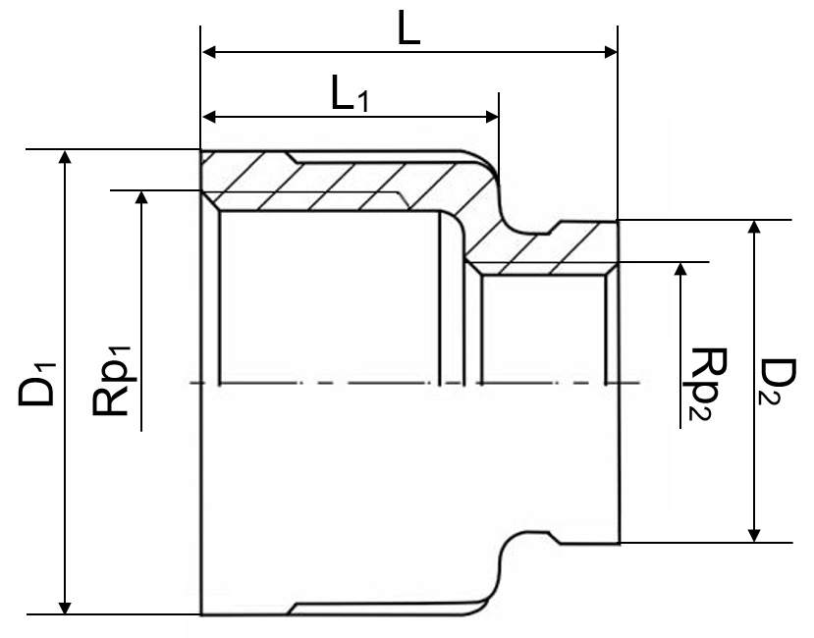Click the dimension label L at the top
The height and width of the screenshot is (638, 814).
click(x=408, y=28)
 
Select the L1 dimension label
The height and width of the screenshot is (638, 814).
click(x=350, y=94)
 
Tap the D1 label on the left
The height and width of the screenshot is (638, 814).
click(x=36, y=384)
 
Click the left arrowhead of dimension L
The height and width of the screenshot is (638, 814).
click(x=208, y=52)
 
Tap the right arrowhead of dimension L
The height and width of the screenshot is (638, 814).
click(x=610, y=52)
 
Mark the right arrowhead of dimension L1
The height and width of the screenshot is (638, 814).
click(x=491, y=116)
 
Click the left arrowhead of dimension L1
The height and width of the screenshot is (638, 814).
click(x=208, y=116)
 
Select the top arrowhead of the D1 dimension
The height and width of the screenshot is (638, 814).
click(x=65, y=157)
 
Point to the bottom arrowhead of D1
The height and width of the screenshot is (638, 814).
click(x=65, y=607)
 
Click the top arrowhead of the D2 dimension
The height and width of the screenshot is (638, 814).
click(x=754, y=228)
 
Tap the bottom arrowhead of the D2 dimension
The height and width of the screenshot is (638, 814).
click(x=754, y=535)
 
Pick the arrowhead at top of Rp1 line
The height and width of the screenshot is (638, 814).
click(x=141, y=198)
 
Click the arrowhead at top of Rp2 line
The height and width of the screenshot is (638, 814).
click(x=681, y=269)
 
